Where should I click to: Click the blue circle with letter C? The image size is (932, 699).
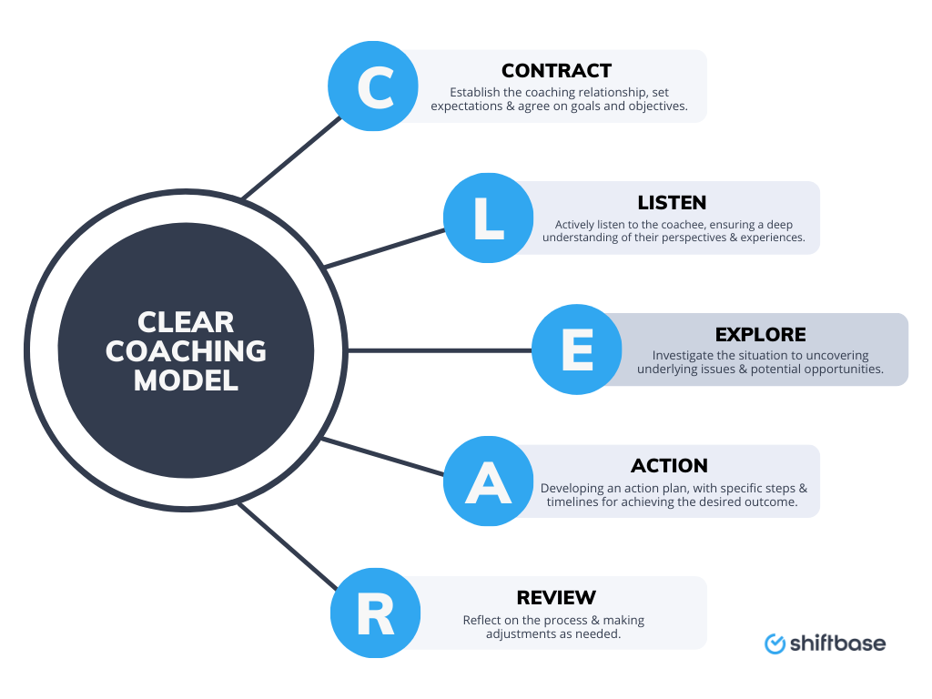tap(373, 86)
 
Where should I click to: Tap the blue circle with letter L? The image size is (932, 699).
tap(489, 218)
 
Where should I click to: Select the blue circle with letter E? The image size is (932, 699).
tap(577, 349)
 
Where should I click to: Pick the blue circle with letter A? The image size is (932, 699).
tap(489, 481)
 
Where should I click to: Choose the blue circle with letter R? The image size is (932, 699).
tap(373, 613)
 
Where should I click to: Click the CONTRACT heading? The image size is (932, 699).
tap(556, 71)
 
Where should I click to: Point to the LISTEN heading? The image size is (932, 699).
tap(672, 202)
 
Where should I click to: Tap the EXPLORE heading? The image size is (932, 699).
tap(760, 334)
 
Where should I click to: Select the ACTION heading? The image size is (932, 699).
tap(669, 466)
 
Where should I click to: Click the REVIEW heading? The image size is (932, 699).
tap(556, 598)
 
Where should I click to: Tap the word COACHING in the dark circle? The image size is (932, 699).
tap(187, 351)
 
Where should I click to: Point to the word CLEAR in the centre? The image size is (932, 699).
tap(187, 322)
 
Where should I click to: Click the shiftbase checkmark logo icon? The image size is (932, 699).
tap(775, 643)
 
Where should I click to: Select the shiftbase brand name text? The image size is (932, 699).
tap(837, 643)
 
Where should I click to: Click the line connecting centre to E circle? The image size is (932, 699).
tap(437, 349)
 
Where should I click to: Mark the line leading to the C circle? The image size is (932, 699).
tap(291, 159)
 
